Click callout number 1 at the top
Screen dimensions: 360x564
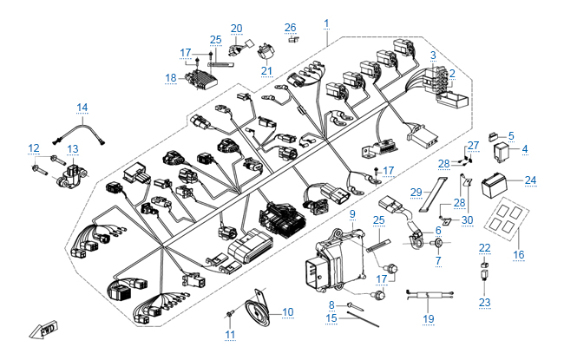(326, 21)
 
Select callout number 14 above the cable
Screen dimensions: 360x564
(82, 108)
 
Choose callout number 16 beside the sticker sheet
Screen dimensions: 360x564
(520, 254)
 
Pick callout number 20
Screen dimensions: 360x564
(237, 28)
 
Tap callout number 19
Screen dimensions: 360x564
(427, 318)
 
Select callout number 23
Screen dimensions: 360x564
(485, 303)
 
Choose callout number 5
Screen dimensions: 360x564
(511, 135)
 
